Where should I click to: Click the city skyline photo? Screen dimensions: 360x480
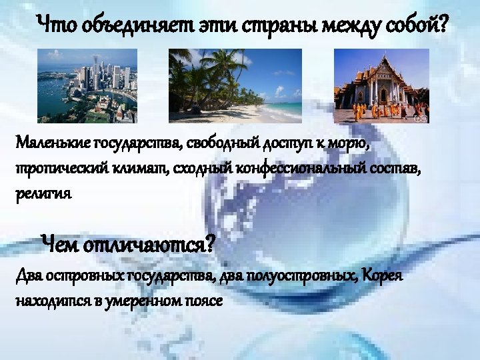point(87,85)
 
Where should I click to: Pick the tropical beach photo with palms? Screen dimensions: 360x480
point(235,85)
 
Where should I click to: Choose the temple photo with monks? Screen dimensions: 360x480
point(381,85)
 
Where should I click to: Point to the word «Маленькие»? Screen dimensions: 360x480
point(55,143)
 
